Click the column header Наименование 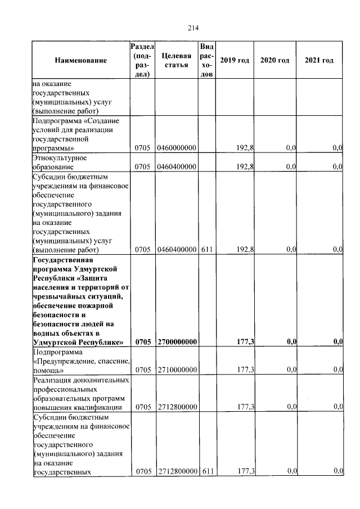(81, 60)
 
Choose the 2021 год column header (319, 60)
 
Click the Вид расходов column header (206, 60)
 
